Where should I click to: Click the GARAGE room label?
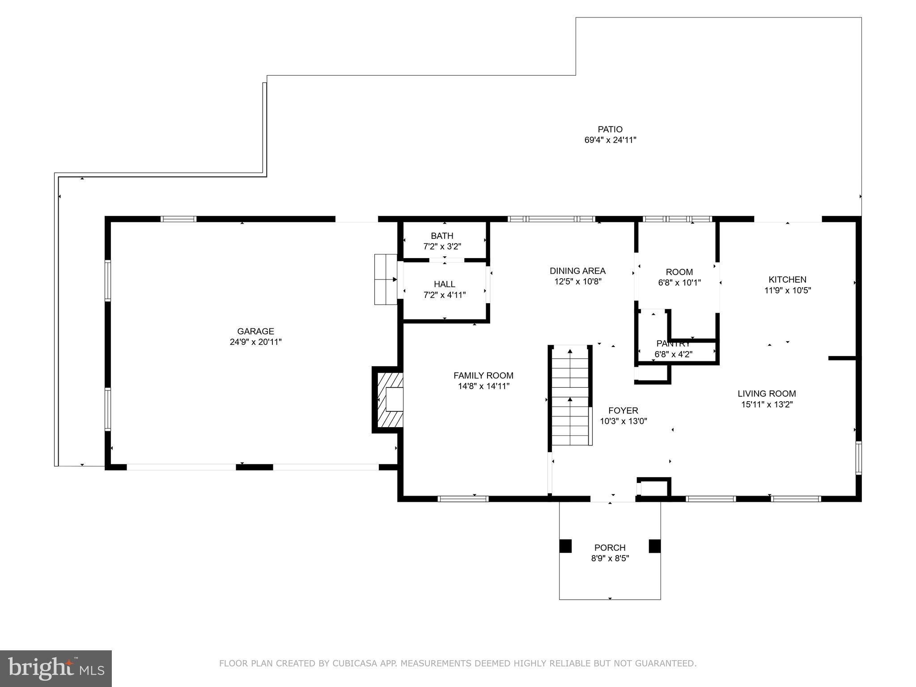[255, 331]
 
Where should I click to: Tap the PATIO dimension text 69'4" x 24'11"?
[610, 140]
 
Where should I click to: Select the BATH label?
[442, 236]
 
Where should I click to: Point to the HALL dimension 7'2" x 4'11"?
[444, 295]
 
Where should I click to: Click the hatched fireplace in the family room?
[389, 399]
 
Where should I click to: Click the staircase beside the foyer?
[570, 396]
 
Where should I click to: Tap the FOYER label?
[623, 411]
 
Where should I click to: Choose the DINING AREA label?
[577, 271]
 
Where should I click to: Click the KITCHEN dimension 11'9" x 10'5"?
[787, 290]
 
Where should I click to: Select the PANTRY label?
[673, 344]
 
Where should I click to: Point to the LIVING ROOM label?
[767, 394]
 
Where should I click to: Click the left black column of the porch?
[565, 546]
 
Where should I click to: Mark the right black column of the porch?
[655, 546]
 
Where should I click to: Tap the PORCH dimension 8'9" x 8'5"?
[610, 558]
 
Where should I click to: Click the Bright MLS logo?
[56, 669]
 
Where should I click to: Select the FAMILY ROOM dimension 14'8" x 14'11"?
[483, 386]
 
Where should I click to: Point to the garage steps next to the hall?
[386, 280]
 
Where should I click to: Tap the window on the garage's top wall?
[178, 219]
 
